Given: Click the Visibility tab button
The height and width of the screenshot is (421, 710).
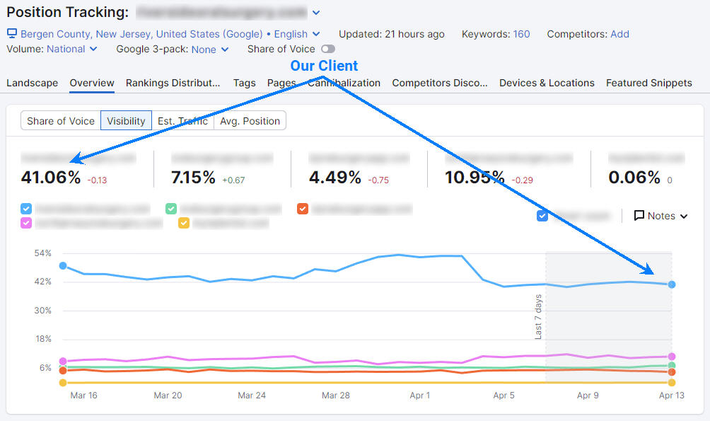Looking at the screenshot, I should click(126, 121).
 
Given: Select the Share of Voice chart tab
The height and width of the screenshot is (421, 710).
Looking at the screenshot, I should click(61, 121).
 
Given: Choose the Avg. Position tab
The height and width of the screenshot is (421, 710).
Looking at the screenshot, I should click(250, 121).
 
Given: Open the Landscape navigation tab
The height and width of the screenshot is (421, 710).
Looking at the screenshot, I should click(33, 83).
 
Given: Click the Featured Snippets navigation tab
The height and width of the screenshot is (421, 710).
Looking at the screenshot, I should click(648, 83).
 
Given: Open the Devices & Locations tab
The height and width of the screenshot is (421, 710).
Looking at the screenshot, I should click(547, 83).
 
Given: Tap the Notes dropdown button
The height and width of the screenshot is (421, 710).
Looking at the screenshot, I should click(660, 216).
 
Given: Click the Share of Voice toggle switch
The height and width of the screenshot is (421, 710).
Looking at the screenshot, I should click(327, 49).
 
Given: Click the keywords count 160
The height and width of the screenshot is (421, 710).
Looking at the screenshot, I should click(521, 34).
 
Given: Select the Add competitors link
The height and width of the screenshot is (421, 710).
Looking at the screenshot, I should click(619, 34).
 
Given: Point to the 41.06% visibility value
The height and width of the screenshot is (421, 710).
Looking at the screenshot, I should click(51, 177).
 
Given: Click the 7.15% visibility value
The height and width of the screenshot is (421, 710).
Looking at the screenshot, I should click(193, 177).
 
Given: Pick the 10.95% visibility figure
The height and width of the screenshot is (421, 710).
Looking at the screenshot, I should click(475, 177).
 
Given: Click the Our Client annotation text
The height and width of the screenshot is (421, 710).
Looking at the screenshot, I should click(324, 66).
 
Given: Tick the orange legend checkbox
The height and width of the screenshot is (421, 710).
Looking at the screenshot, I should click(303, 209).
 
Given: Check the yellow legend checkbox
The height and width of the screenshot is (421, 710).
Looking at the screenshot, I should click(184, 223).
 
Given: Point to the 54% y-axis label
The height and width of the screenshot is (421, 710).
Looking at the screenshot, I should click(43, 253).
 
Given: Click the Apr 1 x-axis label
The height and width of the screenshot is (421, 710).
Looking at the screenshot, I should click(420, 396).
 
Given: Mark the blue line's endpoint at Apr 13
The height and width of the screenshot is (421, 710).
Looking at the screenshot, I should click(672, 284).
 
